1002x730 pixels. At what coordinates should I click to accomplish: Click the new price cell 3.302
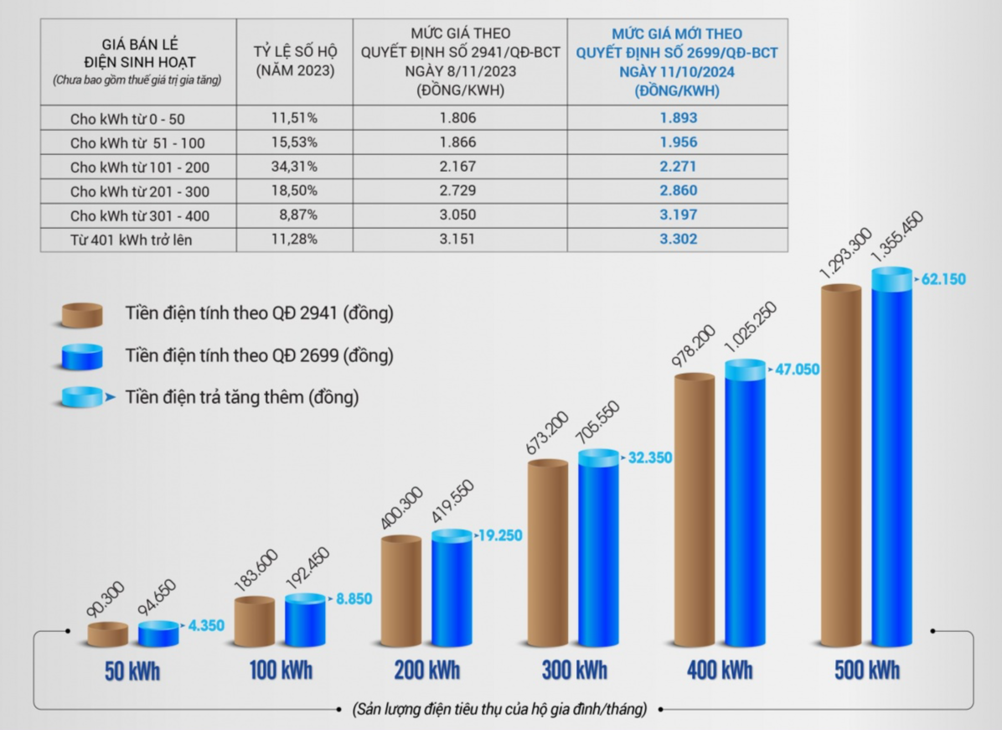pos(677,240)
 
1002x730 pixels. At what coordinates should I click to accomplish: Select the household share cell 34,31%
pos(294,167)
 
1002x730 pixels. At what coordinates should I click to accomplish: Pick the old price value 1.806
pos(457,118)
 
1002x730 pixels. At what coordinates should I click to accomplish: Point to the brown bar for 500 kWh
pos(840,466)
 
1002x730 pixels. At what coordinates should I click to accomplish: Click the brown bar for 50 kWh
pos(108,634)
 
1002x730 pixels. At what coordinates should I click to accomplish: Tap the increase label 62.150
pos(943,279)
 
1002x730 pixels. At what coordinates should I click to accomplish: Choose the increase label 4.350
pos(204,625)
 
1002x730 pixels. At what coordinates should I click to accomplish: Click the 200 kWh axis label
pos(426,670)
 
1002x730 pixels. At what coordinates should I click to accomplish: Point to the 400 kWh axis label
pos(719,670)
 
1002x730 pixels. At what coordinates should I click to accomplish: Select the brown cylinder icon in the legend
pos(82,315)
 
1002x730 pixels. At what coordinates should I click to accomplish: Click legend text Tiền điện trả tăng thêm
pos(242,397)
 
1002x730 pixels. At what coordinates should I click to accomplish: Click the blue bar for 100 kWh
pos(305,621)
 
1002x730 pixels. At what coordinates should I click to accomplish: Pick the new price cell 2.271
pos(677,167)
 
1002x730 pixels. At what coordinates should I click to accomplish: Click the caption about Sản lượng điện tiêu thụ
pos(501,709)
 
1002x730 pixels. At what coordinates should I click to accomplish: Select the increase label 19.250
pos(500,535)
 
